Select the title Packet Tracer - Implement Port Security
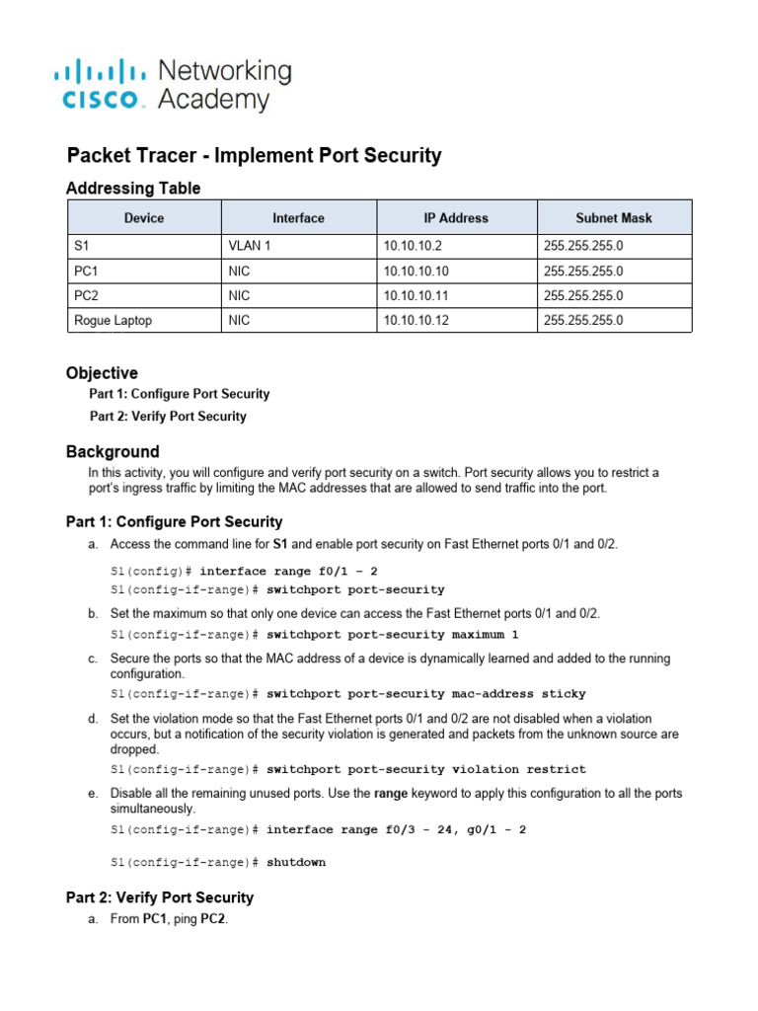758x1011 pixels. [x=254, y=156]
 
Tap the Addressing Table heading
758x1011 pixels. [x=133, y=189]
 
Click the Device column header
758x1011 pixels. [x=144, y=218]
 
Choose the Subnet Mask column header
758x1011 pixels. [x=614, y=218]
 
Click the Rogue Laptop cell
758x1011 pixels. [x=113, y=320]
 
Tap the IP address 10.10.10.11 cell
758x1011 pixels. [x=416, y=295]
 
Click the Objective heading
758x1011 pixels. [x=102, y=373]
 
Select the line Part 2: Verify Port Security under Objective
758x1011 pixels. [x=168, y=417]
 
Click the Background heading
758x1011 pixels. [x=113, y=452]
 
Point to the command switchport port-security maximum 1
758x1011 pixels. [x=392, y=634]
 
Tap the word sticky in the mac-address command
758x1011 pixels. [x=563, y=694]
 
